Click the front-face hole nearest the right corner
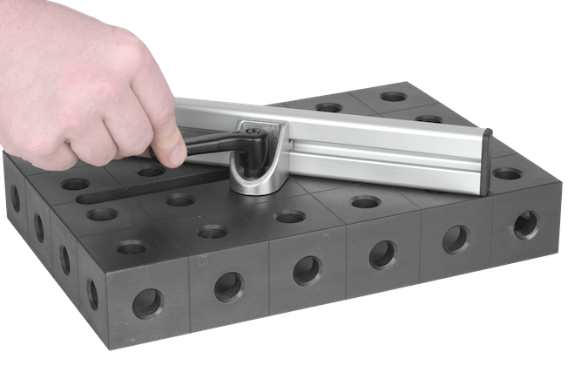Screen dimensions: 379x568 click(x=525, y=224)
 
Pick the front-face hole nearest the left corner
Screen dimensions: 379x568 click(x=147, y=302)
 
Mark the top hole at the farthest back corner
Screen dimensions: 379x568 click(x=393, y=96)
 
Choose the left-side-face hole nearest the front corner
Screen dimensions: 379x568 click(x=92, y=294)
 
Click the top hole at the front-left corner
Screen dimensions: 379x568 click(x=132, y=247)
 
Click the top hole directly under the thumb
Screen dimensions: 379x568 click(x=152, y=172)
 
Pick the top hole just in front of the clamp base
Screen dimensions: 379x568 click(x=290, y=215)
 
